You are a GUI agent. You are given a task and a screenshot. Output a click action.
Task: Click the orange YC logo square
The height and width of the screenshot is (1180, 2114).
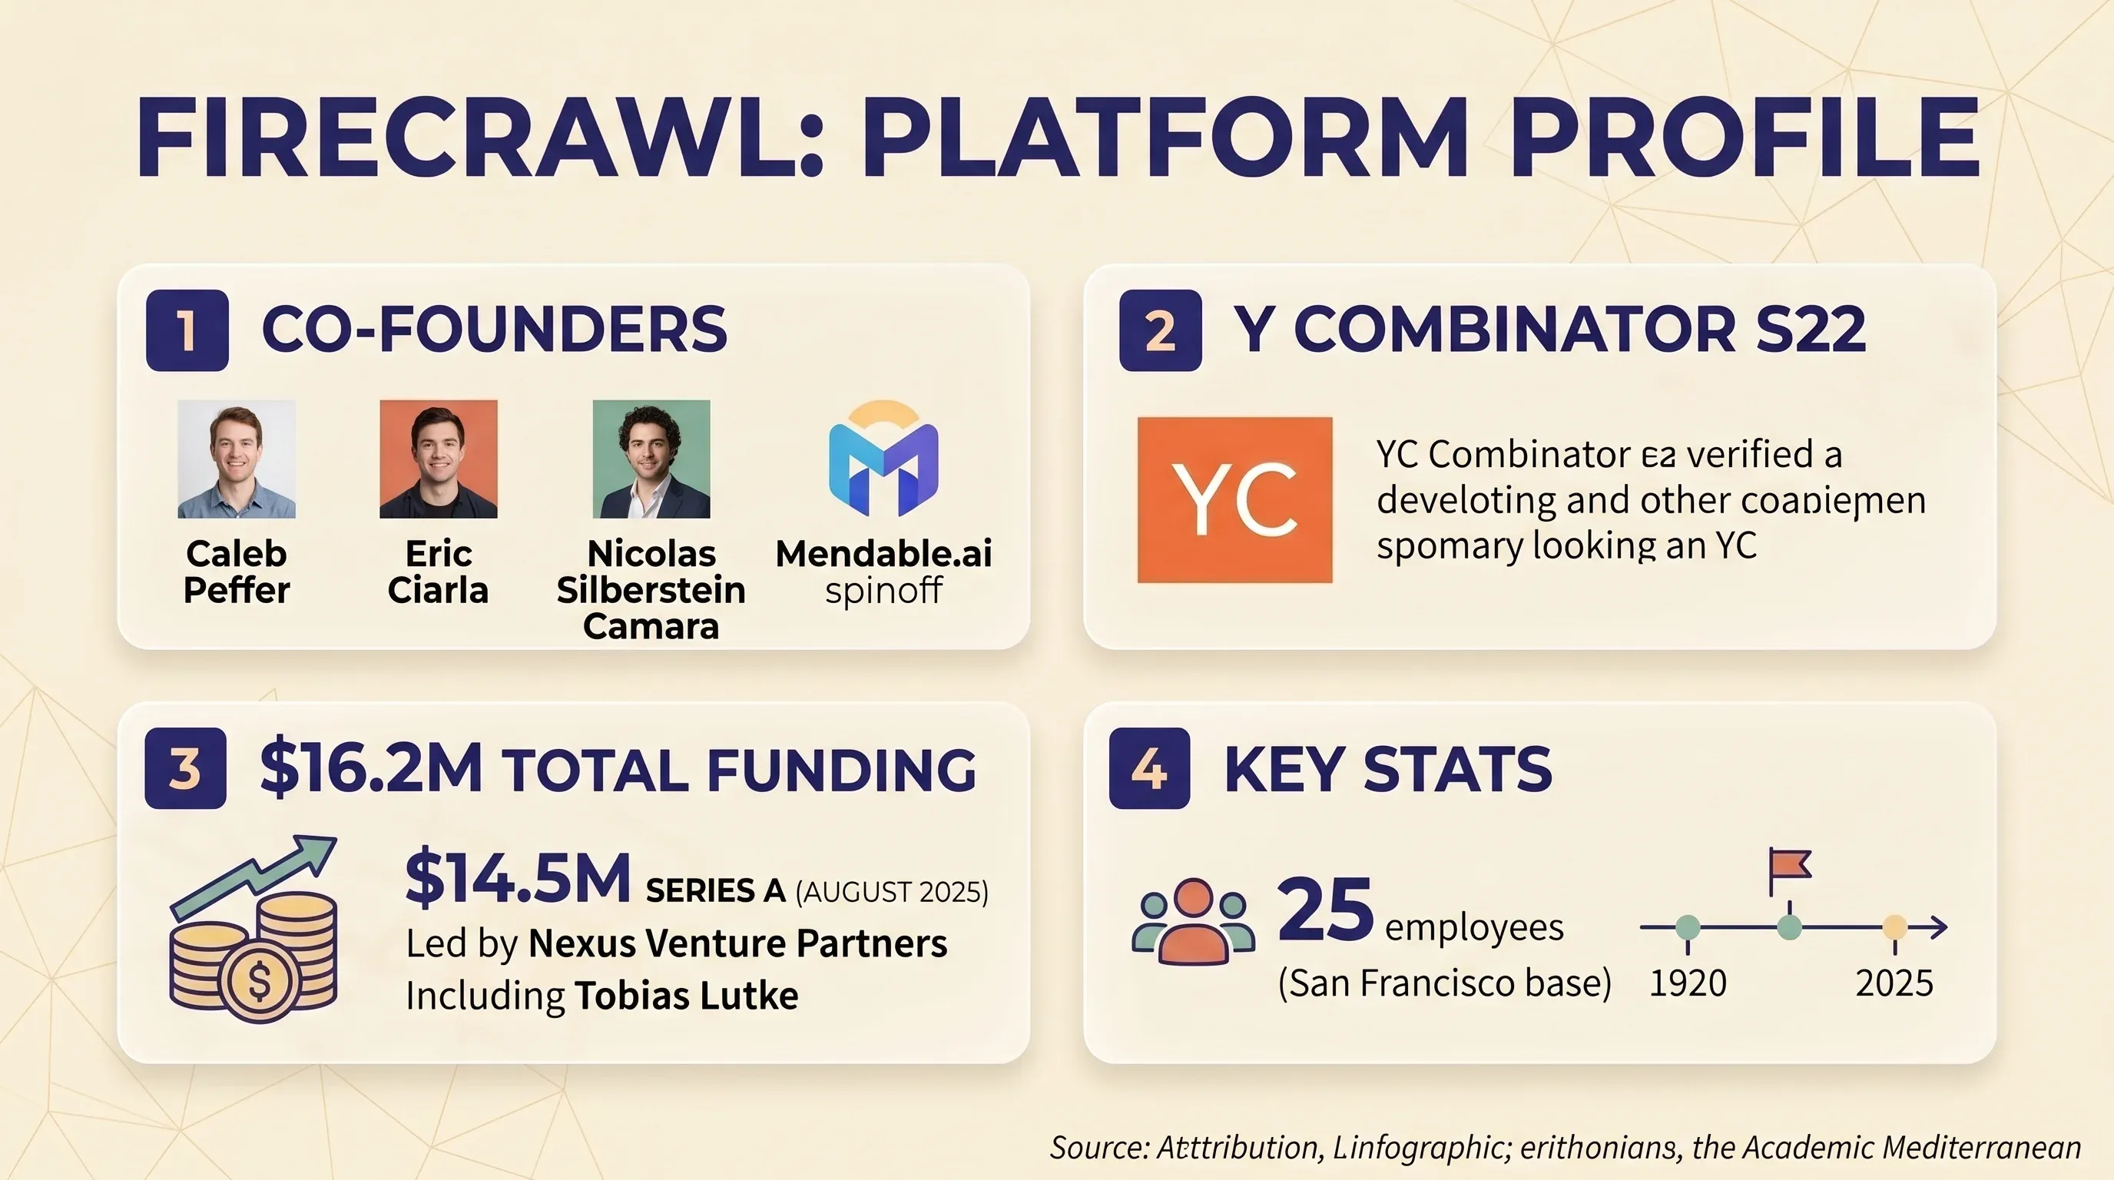tap(1234, 500)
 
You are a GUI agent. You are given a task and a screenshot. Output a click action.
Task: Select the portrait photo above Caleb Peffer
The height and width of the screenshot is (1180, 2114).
tap(237, 459)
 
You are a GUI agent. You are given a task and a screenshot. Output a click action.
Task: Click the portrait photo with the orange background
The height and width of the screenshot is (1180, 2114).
tap(438, 459)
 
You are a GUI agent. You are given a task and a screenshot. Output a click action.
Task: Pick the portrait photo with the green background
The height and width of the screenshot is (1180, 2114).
tap(651, 459)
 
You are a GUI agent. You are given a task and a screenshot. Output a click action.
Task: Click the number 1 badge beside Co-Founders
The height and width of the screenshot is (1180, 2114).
tap(187, 330)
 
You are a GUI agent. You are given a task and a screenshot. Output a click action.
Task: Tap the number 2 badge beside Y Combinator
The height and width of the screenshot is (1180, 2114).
tap(1160, 330)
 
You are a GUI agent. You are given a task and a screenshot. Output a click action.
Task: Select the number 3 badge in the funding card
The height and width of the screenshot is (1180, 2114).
tap(185, 768)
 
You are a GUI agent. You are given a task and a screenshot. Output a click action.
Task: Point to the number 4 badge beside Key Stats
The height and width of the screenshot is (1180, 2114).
tap(1149, 768)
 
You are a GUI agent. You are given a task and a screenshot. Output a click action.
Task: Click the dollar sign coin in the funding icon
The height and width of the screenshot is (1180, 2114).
tap(260, 979)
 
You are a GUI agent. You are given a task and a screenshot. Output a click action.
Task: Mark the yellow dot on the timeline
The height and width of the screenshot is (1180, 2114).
tap(1894, 927)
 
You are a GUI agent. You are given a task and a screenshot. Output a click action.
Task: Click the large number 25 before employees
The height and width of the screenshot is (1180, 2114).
tap(1324, 910)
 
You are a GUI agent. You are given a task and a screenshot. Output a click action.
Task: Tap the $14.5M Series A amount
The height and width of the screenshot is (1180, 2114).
tap(518, 879)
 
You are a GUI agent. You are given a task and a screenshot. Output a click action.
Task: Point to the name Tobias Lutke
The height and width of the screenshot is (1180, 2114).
tap(686, 996)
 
